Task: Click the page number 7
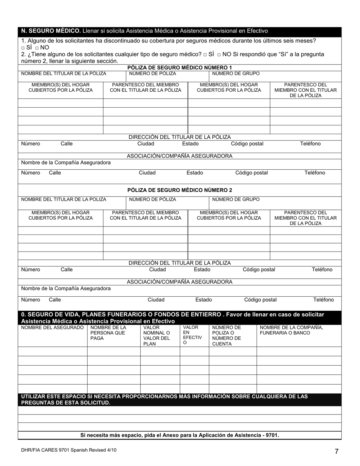point(336,451)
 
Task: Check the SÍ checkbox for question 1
point(23,48)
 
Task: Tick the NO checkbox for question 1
point(37,48)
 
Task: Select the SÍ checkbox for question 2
point(205,55)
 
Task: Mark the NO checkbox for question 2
point(219,55)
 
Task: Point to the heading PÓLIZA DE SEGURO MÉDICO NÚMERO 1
point(180,67)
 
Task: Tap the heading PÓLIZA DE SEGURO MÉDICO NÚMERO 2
point(180,190)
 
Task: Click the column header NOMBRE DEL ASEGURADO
point(52,327)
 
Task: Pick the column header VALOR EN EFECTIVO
point(192,335)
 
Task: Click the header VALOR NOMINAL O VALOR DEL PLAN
point(157,335)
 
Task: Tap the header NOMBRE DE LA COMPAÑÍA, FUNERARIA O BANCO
point(291,330)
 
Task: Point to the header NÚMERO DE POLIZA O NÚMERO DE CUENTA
point(226,335)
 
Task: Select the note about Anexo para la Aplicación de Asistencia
point(180,435)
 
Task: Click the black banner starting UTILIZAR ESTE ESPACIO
point(180,399)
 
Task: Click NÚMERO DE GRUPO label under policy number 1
point(236,73)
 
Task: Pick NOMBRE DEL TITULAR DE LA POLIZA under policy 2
point(64,199)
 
